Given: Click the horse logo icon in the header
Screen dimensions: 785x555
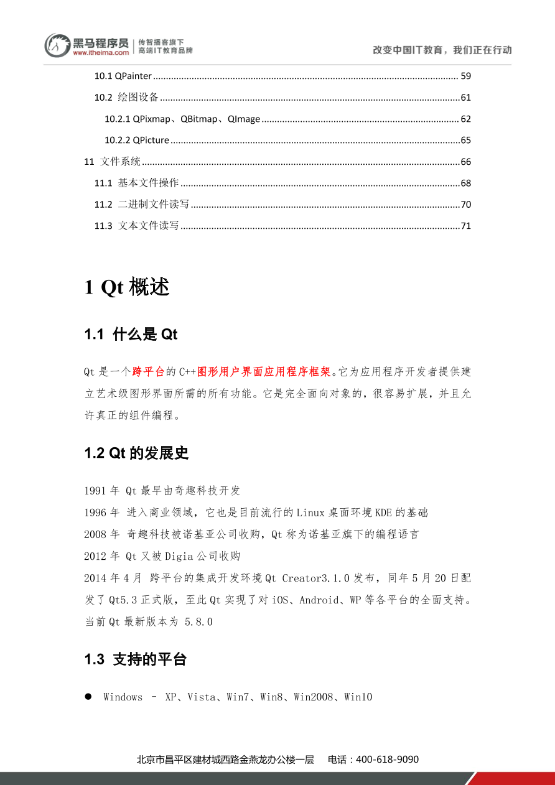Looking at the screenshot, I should [57, 45].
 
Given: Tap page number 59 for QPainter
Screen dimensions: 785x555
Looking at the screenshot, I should [465, 76].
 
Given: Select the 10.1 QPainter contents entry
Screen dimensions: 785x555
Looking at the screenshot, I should [123, 76].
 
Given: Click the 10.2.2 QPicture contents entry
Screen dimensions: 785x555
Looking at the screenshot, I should [136, 140].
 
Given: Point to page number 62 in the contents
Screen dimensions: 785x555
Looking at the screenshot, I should [465, 119].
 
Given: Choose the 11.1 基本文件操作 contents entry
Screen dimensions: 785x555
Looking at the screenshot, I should [136, 183].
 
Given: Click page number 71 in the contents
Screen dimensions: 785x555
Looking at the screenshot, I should [465, 226].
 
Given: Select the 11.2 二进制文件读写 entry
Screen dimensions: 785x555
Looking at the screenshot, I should [142, 204].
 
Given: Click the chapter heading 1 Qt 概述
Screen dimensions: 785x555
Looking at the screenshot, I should [126, 287].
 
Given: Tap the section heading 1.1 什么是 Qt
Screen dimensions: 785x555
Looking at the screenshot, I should [131, 335].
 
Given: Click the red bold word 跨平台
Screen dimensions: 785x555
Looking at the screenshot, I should [149, 372].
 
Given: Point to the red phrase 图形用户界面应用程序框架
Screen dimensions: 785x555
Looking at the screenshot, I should [264, 372].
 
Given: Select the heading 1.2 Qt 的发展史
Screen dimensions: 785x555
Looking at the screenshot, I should [136, 453].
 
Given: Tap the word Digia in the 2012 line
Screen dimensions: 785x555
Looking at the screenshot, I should [179, 556].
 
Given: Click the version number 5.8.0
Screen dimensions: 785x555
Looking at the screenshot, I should [199, 621].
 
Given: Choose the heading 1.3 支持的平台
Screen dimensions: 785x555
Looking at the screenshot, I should [136, 659].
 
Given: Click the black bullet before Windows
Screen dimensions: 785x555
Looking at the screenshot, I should [88, 697].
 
